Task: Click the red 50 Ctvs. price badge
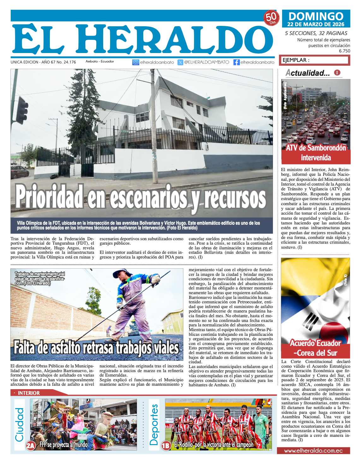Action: click(x=271, y=18)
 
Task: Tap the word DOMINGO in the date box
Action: click(x=316, y=16)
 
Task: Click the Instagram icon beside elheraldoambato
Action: click(x=136, y=62)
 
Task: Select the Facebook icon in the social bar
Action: click(x=236, y=62)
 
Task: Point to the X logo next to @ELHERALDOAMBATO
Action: click(x=180, y=62)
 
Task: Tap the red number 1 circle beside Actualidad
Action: click(x=337, y=73)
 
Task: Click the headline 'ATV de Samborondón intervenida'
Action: click(x=316, y=152)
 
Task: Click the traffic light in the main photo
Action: click(x=22, y=110)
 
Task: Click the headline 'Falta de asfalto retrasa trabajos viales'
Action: click(x=96, y=348)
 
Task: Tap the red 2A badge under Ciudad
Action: click(x=31, y=445)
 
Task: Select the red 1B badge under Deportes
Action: click(x=166, y=445)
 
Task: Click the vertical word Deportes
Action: click(x=154, y=424)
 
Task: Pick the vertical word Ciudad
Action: click(x=20, y=424)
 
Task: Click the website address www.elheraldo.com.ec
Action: click(x=313, y=451)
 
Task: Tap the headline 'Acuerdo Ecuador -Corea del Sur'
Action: click(x=316, y=348)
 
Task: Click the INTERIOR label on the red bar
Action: click(x=29, y=393)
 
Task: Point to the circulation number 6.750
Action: click(x=344, y=51)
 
